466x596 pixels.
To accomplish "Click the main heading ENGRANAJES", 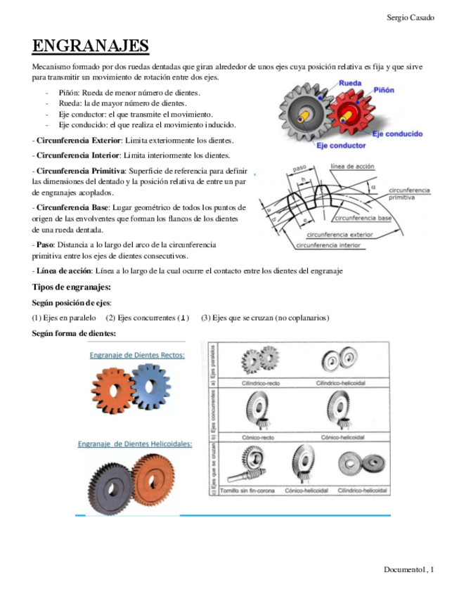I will pos(91,46).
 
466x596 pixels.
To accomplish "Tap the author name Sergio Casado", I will pos(410,17).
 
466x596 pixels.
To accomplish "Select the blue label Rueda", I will pos(350,84).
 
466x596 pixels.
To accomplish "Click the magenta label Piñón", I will pos(384,91).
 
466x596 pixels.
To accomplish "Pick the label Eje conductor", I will pos(341,145).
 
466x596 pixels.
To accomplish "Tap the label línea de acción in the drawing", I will pos(351,167).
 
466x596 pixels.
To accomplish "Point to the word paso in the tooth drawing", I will pos(299,169).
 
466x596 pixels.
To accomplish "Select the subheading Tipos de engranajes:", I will pos(72,287).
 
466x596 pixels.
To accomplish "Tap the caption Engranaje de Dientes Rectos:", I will pos(137,356).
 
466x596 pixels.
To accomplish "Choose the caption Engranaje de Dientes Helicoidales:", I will pos(134,443).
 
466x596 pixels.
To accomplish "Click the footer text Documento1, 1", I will pos(408,569).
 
